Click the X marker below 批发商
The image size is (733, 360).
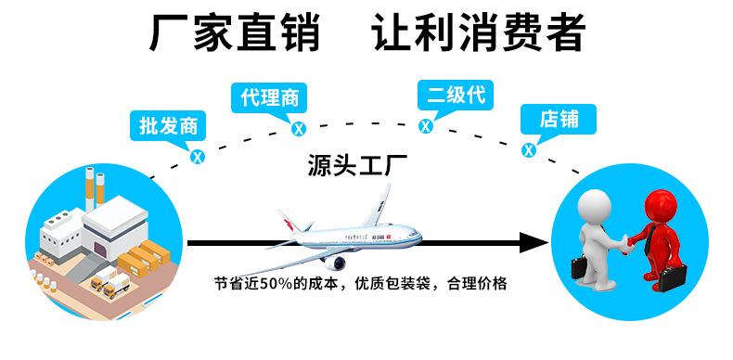pyautogui.click(x=197, y=157)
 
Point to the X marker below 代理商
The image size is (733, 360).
pyautogui.click(x=299, y=129)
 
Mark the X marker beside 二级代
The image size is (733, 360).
pyautogui.click(x=426, y=125)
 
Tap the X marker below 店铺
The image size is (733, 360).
pyautogui.click(x=529, y=149)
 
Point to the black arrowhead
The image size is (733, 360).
pyautogui.click(x=533, y=243)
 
